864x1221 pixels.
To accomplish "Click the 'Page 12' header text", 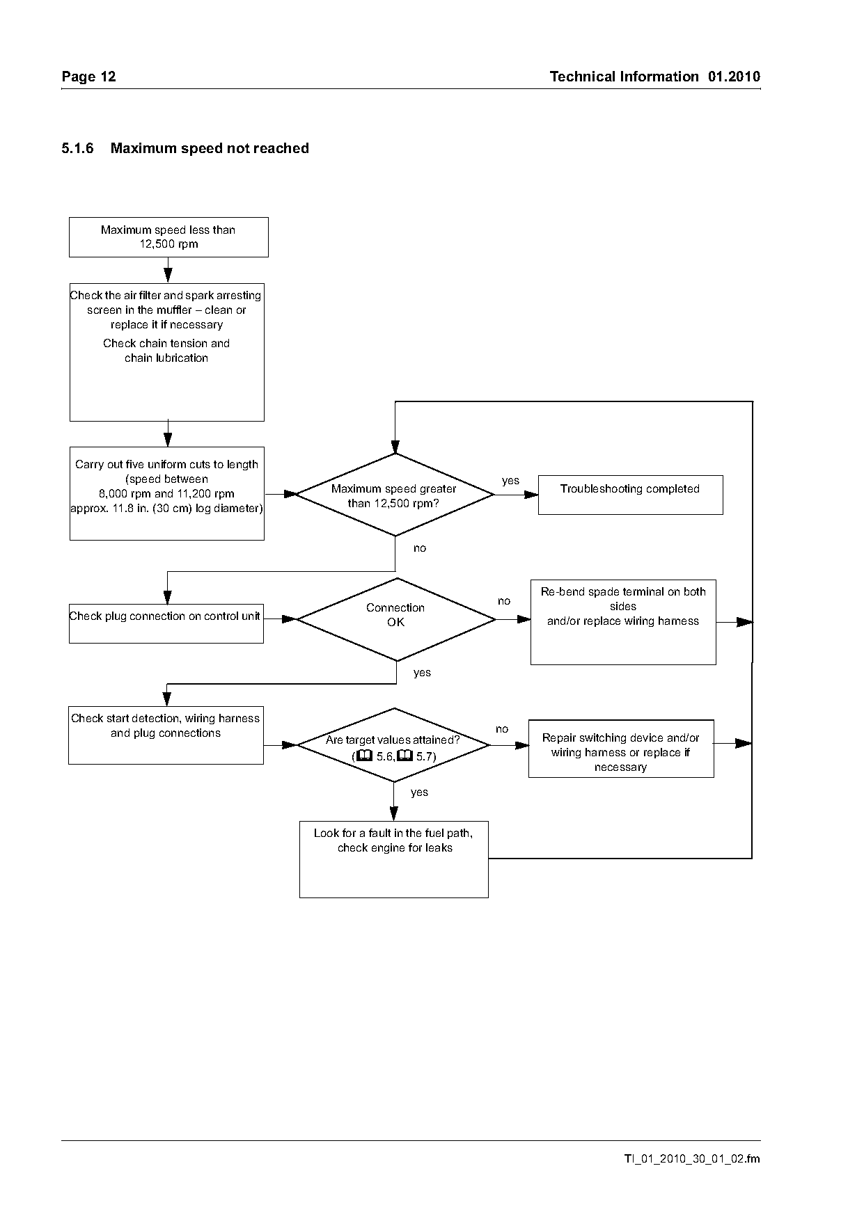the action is (x=88, y=77).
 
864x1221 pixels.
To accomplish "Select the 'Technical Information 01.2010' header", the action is (x=655, y=77).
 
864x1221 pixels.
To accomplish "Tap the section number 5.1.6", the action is (x=77, y=148).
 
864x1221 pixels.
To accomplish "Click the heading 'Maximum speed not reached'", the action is (x=210, y=148).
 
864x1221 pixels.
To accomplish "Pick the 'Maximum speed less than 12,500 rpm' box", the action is (x=168, y=237).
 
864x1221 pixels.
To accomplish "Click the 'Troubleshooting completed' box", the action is (x=630, y=495).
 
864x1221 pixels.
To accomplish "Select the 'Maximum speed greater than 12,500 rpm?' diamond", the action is (x=395, y=495).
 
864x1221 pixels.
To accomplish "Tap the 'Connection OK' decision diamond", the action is (x=396, y=619).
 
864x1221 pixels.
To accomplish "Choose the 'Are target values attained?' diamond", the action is (x=394, y=745).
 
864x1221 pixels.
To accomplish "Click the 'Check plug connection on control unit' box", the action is (x=166, y=623).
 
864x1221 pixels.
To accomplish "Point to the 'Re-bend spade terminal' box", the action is (x=623, y=622).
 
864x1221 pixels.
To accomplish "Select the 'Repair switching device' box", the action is (x=621, y=749).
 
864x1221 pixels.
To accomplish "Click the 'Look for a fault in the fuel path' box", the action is (x=394, y=859).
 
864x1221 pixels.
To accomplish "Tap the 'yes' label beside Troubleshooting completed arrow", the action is (x=510, y=481).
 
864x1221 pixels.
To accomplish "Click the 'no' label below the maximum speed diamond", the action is (x=420, y=548).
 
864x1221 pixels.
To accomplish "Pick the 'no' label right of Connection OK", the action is (x=504, y=601).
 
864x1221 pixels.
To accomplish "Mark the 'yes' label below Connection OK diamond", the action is (x=422, y=673).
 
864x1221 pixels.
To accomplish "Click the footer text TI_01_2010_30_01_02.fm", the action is (x=692, y=1159).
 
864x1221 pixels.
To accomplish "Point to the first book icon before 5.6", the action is (x=364, y=756).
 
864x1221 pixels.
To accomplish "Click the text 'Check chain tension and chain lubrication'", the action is (x=166, y=351).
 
